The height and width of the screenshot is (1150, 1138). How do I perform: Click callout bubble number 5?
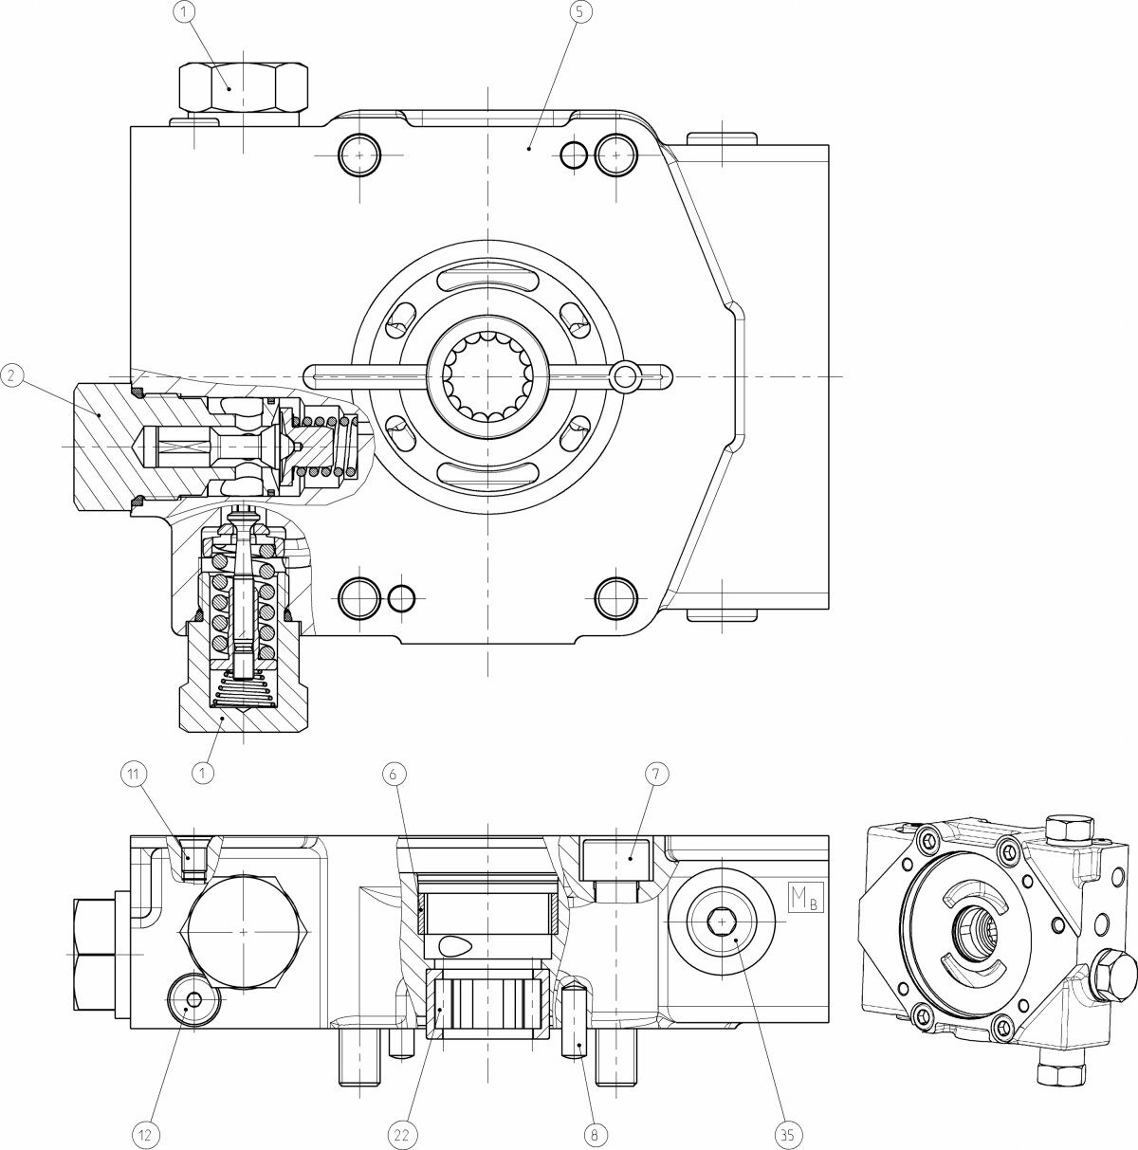(578, 12)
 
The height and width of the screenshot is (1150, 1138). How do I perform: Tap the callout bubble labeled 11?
(133, 775)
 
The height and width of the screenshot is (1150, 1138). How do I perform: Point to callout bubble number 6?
(393, 775)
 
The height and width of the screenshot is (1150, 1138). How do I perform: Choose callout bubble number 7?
(656, 775)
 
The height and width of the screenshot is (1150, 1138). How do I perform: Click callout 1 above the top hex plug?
(185, 12)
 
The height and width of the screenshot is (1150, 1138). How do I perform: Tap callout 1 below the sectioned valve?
(204, 774)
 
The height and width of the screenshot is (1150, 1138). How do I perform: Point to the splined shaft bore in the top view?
(487, 376)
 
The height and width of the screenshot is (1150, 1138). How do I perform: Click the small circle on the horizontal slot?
(626, 376)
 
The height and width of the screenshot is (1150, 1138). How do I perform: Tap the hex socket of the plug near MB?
(723, 922)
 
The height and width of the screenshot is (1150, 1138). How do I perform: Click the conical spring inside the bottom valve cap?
(243, 690)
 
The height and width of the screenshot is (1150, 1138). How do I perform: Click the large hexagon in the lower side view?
(244, 932)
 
